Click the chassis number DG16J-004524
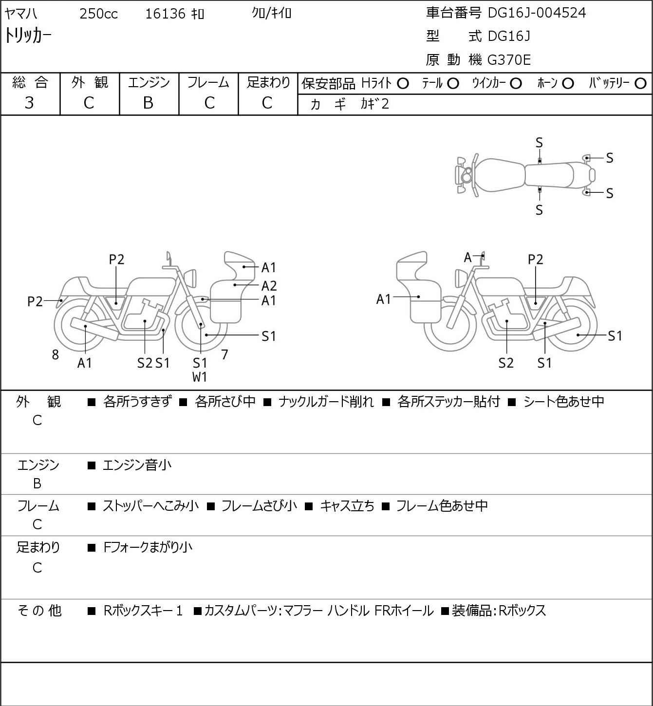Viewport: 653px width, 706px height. point(537,13)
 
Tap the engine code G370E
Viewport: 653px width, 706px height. point(509,60)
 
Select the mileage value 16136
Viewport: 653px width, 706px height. point(165,14)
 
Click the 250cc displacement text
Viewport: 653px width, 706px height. point(98,14)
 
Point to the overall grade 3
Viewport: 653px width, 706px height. point(30,103)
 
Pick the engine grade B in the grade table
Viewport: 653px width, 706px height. point(148,103)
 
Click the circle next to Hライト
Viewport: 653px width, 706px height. point(403,83)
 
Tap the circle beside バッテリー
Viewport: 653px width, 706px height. point(640,83)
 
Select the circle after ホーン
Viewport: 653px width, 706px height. point(568,83)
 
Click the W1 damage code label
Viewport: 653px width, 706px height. point(200,376)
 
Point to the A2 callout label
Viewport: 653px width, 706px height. point(269,286)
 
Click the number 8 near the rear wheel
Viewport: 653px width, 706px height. point(56,355)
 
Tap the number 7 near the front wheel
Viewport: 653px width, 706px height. point(224,354)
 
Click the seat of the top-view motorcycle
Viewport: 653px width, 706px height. point(549,175)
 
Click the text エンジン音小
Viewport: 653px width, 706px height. point(137,465)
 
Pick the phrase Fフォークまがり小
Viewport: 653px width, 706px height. point(148,547)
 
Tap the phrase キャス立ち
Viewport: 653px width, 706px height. point(347,506)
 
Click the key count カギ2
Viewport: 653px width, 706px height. point(374,104)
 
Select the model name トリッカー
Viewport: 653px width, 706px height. point(28,36)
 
